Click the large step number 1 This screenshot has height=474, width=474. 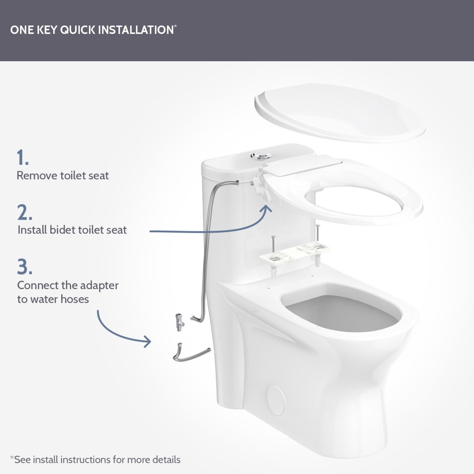click(23, 157)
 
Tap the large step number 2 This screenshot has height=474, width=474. click(25, 212)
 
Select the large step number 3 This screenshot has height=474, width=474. click(25, 266)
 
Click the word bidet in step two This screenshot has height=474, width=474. click(63, 230)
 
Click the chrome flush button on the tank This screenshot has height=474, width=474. click(261, 156)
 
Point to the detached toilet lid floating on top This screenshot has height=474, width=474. click(340, 113)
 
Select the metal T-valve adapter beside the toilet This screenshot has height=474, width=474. click(180, 322)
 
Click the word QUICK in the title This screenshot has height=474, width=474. click(78, 30)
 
